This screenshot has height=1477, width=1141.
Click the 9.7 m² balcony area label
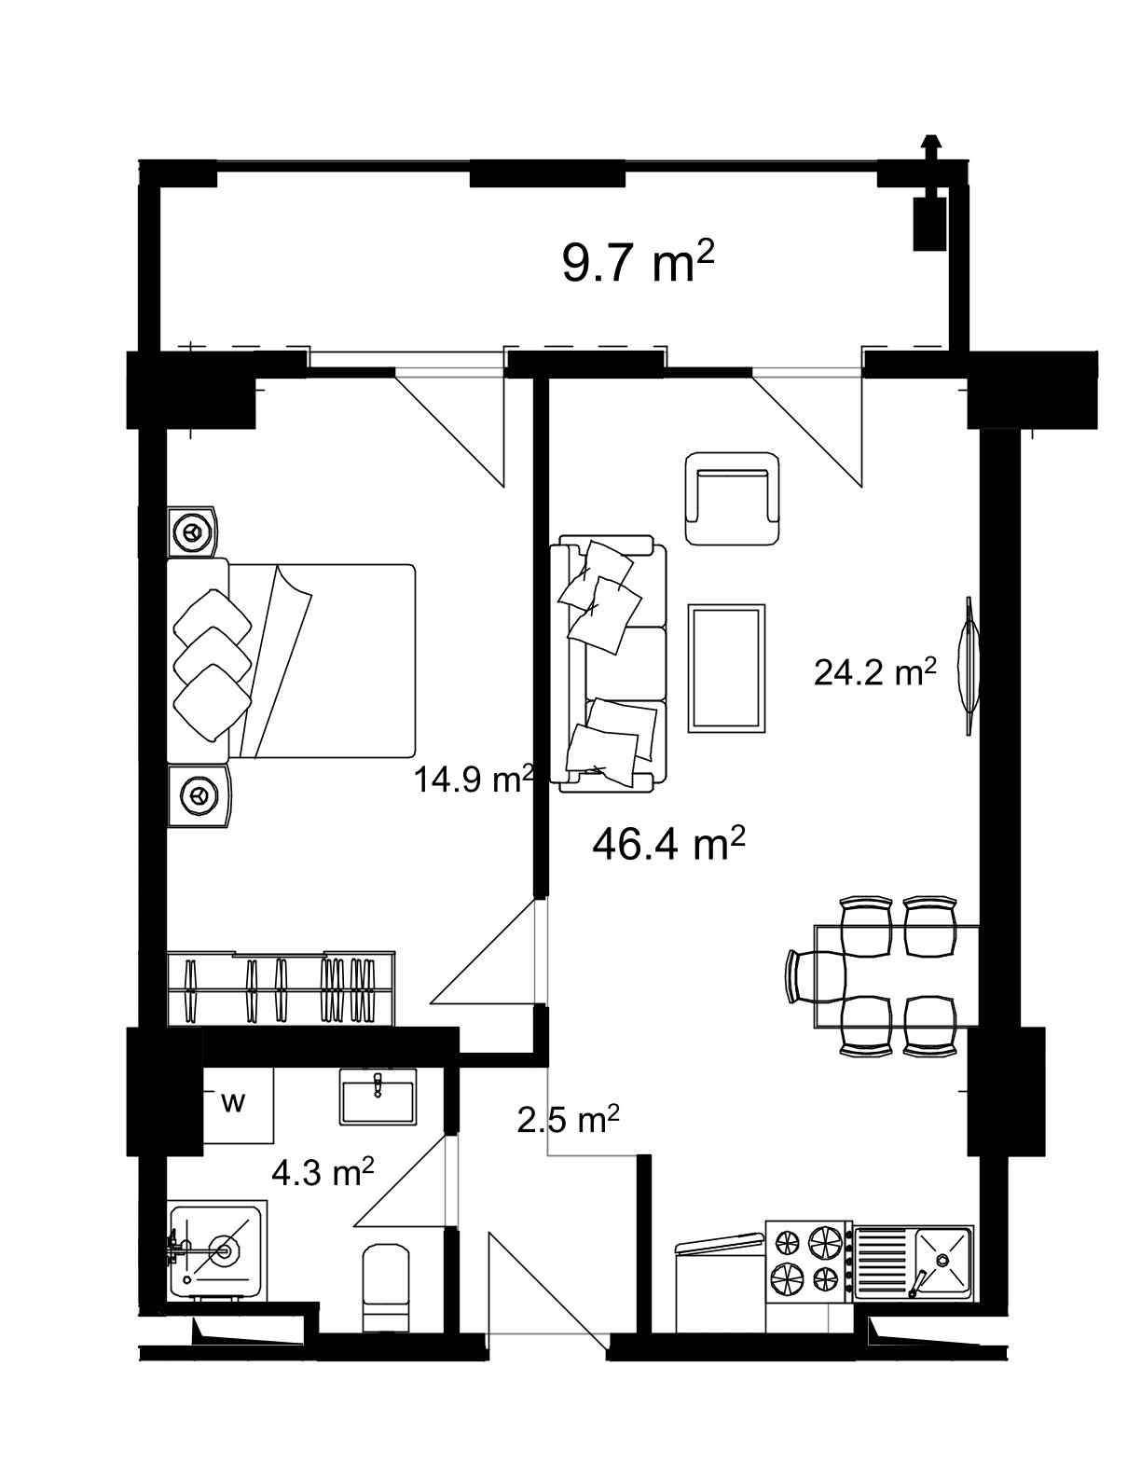tap(638, 262)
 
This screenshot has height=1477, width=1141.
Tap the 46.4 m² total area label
tap(668, 845)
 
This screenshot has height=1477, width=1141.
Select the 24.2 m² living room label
tap(874, 671)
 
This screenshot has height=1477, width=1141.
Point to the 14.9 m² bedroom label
tap(473, 779)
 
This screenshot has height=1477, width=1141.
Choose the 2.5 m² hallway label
tap(568, 1120)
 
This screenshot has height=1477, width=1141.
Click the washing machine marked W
tap(237, 1104)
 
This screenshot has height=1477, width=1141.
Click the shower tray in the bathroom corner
tap(216, 1249)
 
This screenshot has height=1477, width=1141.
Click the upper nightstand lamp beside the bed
tap(193, 531)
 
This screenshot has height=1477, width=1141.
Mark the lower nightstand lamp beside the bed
tap(198, 795)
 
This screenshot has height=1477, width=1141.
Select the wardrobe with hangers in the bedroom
tap(281, 988)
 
